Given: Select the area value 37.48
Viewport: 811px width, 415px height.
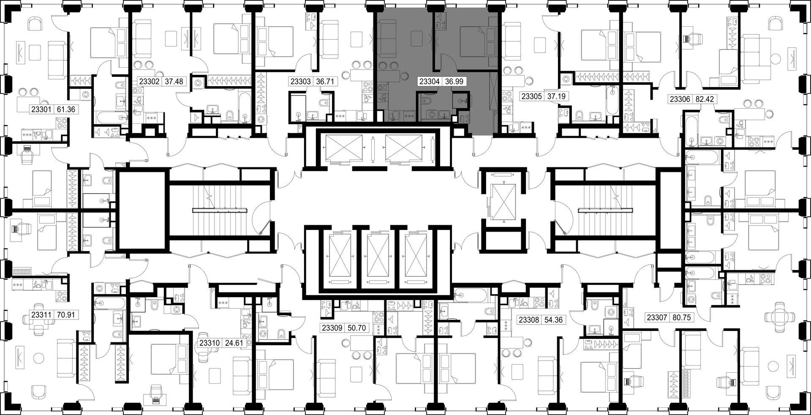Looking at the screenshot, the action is click(x=174, y=82).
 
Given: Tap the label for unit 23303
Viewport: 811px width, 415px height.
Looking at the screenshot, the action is click(x=300, y=82).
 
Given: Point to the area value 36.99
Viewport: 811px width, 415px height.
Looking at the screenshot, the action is click(x=452, y=82).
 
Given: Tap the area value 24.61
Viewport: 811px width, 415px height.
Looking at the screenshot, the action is click(x=234, y=343).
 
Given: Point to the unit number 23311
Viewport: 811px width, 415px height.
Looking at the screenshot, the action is click(x=41, y=315).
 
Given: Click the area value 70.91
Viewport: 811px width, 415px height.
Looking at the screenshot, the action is click(x=65, y=315).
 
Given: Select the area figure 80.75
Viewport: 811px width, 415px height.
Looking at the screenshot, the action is click(x=680, y=317).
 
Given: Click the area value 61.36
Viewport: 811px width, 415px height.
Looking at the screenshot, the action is click(x=65, y=109).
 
